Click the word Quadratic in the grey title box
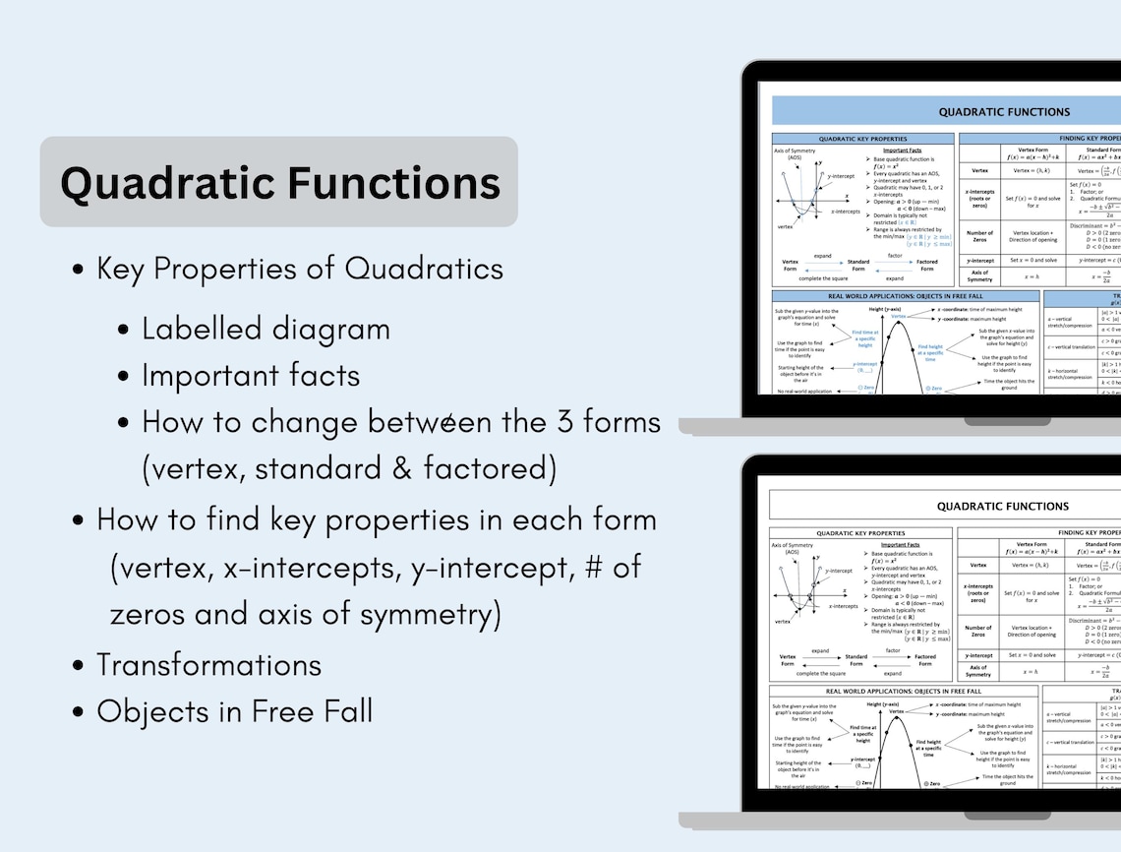165,184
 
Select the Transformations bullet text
208,665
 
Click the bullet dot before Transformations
78,666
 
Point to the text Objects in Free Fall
234,711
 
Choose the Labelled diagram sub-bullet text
265,329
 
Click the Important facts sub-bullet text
251,375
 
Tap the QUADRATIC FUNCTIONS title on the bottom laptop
1002,506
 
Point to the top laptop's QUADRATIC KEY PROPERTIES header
861,139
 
